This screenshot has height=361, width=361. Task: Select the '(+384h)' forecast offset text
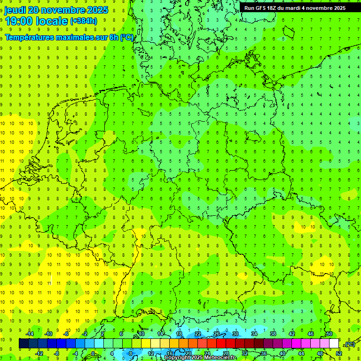(x=83, y=21)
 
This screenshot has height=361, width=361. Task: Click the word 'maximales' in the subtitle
(x=77, y=37)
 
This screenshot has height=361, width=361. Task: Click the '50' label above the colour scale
(x=330, y=333)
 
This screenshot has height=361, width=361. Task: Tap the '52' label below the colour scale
(x=339, y=353)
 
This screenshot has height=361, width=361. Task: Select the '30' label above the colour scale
(x=235, y=333)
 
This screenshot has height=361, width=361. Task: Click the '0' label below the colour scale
(x=94, y=353)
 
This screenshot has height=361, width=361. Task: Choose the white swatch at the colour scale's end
(x=334, y=344)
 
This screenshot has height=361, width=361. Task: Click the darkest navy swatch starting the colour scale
(x=24, y=344)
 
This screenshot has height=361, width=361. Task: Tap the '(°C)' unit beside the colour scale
(x=349, y=344)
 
